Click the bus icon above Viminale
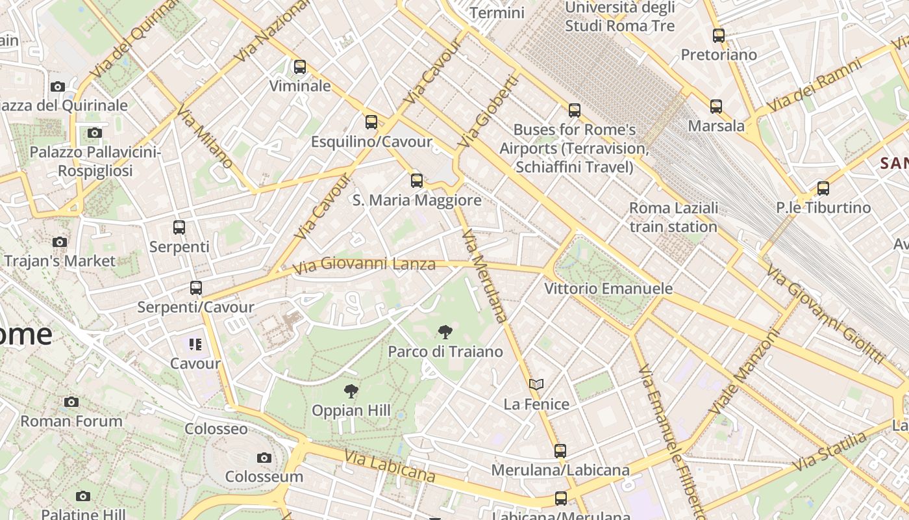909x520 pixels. click(x=299, y=67)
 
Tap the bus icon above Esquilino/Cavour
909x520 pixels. click(x=371, y=122)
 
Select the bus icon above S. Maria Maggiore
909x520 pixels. click(x=417, y=181)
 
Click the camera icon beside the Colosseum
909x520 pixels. click(x=264, y=458)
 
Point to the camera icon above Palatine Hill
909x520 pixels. click(x=83, y=496)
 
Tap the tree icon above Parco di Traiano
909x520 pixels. click(x=445, y=333)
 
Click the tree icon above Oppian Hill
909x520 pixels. click(x=351, y=391)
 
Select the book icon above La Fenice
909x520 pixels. click(x=536, y=385)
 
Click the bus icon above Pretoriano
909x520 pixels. click(x=718, y=36)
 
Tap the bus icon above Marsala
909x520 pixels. click(x=716, y=107)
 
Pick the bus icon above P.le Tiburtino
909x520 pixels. click(x=823, y=188)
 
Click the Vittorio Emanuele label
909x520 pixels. click(x=608, y=288)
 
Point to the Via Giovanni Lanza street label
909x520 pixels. click(x=364, y=265)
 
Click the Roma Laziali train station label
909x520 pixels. click(x=673, y=217)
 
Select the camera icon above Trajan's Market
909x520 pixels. click(x=60, y=242)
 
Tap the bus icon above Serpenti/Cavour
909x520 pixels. click(x=196, y=287)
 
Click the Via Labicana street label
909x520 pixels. click(x=390, y=467)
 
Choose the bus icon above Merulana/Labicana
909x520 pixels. click(x=560, y=450)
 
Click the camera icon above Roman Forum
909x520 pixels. click(x=71, y=402)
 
